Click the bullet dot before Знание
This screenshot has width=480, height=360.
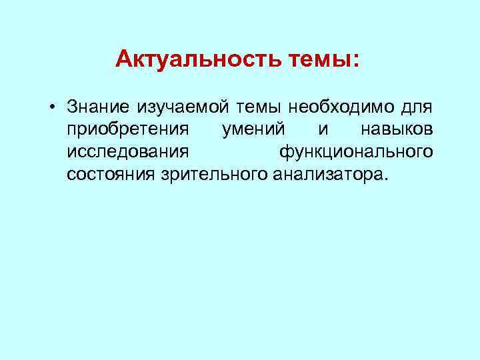pos(51,107)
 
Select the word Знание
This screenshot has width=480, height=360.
pos(99,107)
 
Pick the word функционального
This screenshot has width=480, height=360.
pos(356,152)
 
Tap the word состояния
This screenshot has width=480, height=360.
pos(111,175)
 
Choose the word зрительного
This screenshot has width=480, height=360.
pos(214,175)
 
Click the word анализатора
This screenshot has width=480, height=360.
pos(325,175)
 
